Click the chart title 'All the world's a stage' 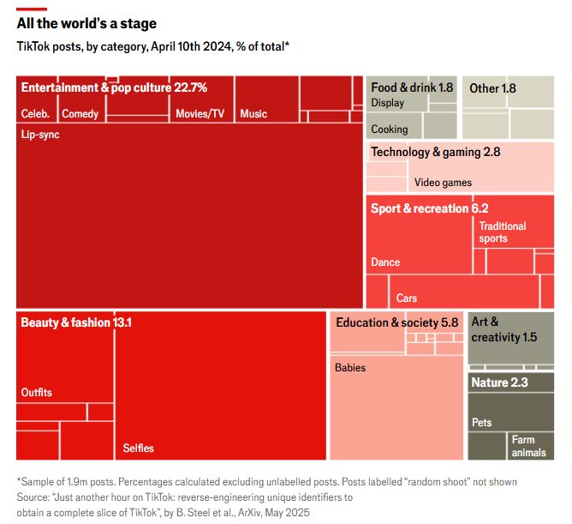point(86,24)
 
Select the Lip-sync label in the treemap point(40,135)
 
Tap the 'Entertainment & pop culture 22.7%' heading point(114,87)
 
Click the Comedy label point(80,114)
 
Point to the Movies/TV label point(200,114)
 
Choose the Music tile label point(253,114)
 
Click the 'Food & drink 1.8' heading point(412,87)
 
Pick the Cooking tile point(390,129)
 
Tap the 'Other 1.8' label point(492,88)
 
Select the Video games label point(443,183)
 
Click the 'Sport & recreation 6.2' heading point(429,208)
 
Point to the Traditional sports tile point(503,232)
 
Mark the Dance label point(385,262)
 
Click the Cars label point(407,298)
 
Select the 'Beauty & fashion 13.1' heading point(76,322)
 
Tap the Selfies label point(138,449)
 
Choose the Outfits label point(37,393)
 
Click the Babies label point(350,368)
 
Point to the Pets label point(482,423)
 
